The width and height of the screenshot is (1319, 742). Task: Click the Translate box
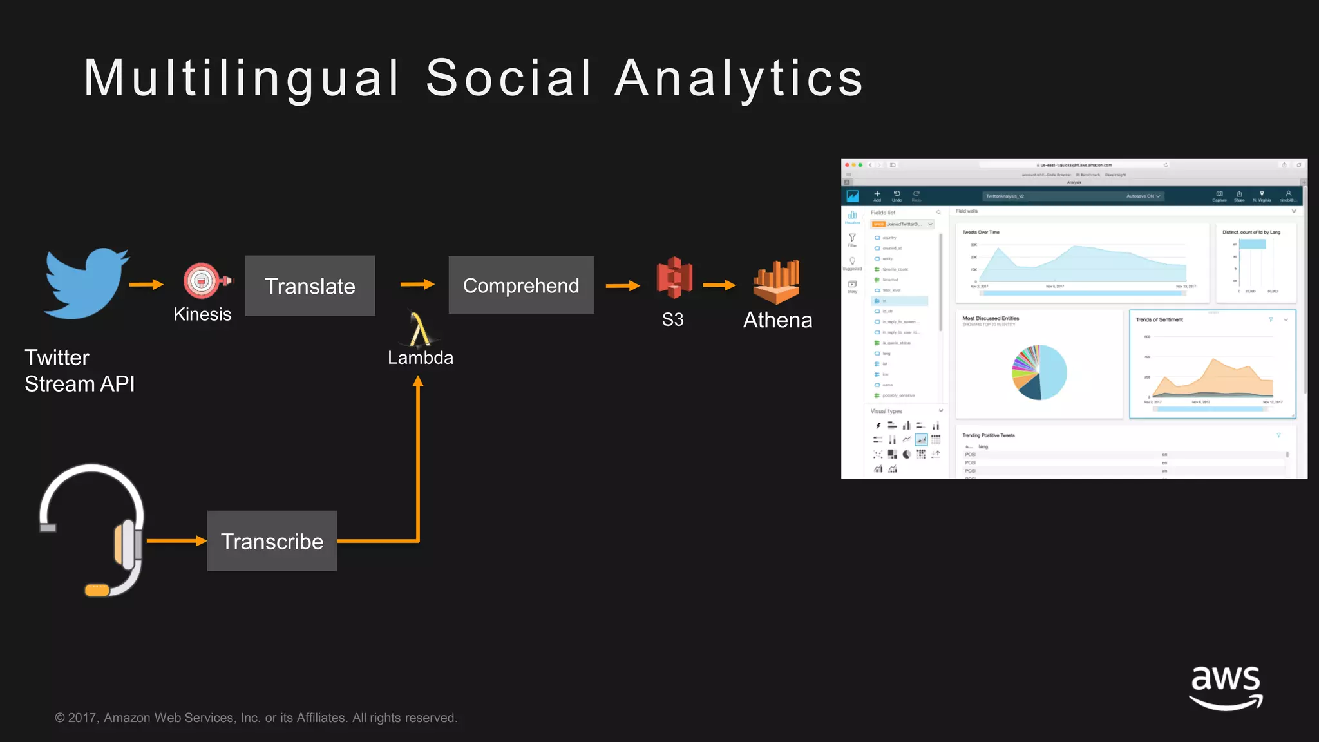pos(310,286)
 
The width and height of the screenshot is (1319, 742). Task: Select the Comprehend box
pos(521,285)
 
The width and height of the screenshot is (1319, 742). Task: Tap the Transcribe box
pos(272,541)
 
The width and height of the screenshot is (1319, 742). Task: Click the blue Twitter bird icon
pos(86,284)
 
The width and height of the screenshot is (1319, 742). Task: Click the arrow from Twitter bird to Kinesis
pos(146,284)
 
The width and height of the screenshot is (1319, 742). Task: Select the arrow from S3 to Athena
pos(719,285)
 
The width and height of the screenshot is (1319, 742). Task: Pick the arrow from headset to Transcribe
pos(176,541)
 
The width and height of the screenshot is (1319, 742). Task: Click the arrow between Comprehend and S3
pos(623,285)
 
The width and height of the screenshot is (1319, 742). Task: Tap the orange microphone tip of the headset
pos(97,590)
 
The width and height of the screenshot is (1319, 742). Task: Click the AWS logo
pos(1226,688)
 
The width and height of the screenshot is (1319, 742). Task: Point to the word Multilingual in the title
pos(242,79)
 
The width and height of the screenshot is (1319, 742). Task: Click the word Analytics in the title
pos(739,79)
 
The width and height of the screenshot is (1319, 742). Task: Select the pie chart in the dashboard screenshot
pos(1039,372)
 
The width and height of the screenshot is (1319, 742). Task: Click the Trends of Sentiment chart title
pos(1159,319)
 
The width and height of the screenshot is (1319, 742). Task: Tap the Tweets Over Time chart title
pos(980,232)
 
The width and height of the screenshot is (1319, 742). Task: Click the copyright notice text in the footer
pos(256,718)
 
